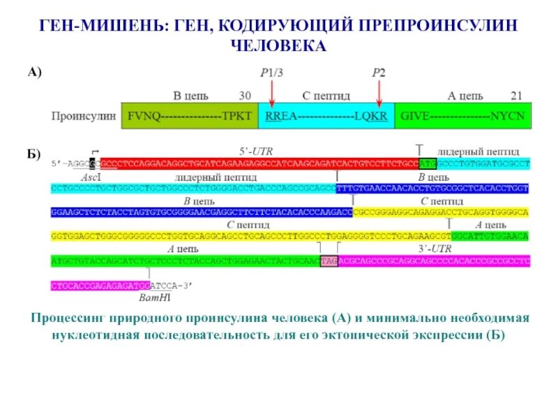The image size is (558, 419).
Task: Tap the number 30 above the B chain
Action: pyautogui.click(x=245, y=96)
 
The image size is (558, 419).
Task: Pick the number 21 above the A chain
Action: pyautogui.click(x=516, y=96)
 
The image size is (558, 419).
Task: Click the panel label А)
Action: pyautogui.click(x=35, y=72)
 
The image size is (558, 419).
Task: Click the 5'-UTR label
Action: pyautogui.click(x=252, y=152)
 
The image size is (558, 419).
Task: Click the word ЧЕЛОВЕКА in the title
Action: pyautogui.click(x=278, y=45)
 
